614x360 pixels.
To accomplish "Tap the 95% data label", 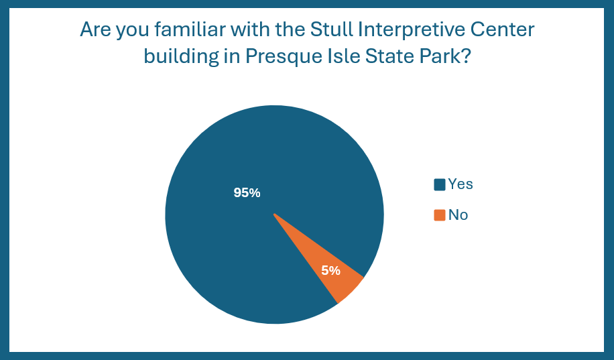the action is coord(247,192).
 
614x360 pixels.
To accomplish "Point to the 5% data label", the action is coord(331,270).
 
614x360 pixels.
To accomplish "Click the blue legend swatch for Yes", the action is coord(440,184).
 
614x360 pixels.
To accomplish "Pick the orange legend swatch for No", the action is coord(440,215).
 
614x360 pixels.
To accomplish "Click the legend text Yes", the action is coord(460,184).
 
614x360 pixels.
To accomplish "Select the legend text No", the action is coord(458,215).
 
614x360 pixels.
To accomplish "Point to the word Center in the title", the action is coord(503,29).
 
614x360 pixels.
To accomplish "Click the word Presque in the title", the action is coord(281,58).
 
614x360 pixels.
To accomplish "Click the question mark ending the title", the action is coord(466,56).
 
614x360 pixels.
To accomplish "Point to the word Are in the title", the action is coord(95,29).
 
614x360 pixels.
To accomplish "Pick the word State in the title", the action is coord(390,56).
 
